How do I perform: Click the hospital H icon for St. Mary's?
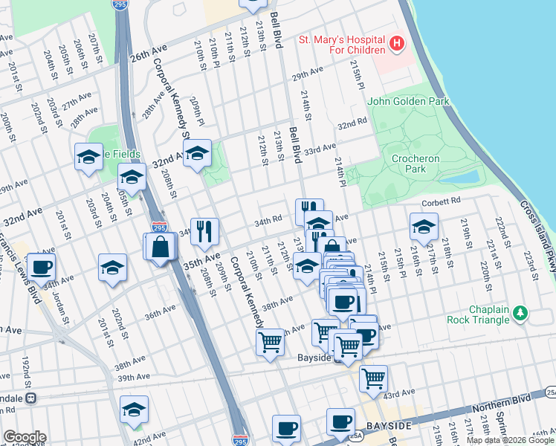(x=397, y=44)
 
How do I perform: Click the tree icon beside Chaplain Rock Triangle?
(x=521, y=314)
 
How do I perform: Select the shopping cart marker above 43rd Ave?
(x=373, y=378)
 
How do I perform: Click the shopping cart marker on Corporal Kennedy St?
(x=269, y=343)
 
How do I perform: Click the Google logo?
(x=25, y=437)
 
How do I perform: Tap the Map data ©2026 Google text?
(x=510, y=440)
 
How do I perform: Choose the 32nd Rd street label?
(x=352, y=123)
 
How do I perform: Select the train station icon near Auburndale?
(x=30, y=398)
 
